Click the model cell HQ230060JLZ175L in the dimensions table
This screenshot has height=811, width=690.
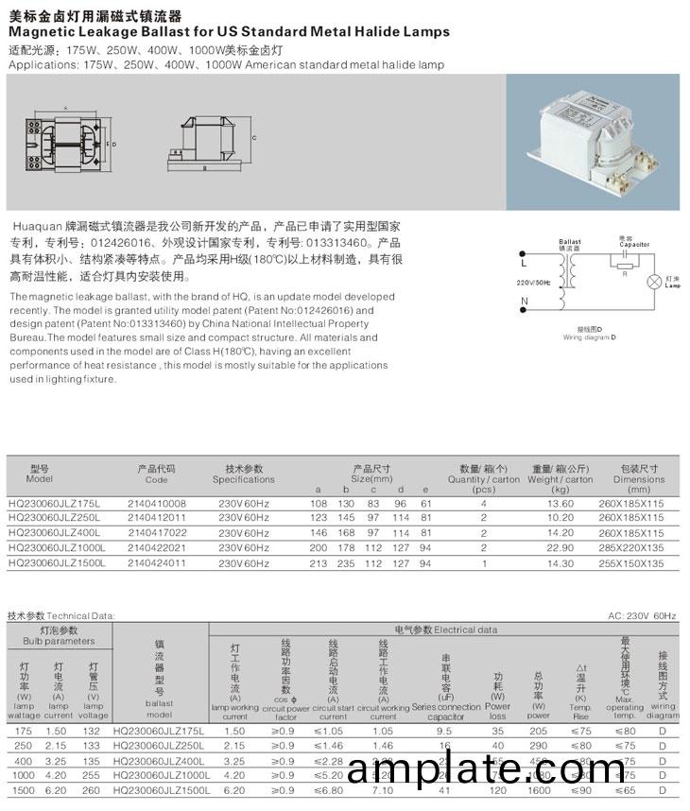tap(53, 503)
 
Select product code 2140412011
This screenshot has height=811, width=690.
tap(156, 518)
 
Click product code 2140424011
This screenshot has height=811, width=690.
tap(156, 563)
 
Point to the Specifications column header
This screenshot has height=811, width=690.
tap(243, 479)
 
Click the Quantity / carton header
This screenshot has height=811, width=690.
tap(484, 479)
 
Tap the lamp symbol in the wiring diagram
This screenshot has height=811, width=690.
tap(651, 282)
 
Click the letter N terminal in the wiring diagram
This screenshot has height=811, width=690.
tap(523, 302)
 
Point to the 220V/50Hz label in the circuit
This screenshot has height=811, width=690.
tap(533, 283)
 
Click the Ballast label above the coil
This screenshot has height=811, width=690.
tap(570, 242)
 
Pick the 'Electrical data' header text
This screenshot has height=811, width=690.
tap(474, 629)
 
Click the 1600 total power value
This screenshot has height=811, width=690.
tap(539, 790)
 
